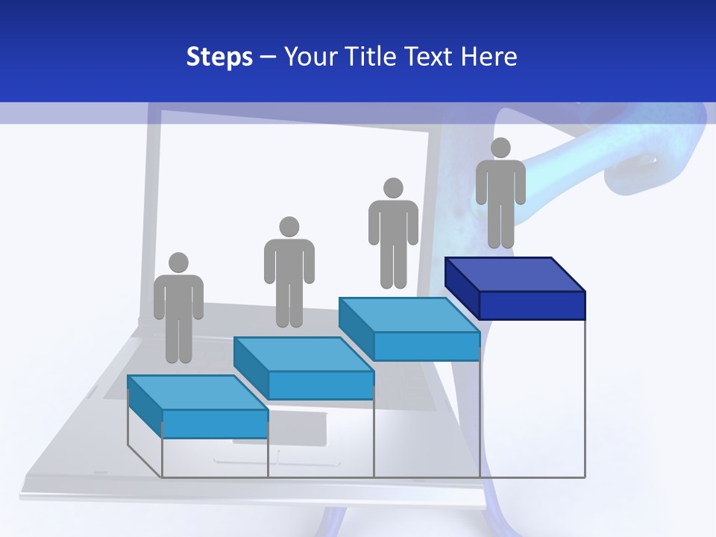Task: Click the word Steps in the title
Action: coord(219,57)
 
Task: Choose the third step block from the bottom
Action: coord(409,328)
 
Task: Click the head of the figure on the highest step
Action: coord(500,148)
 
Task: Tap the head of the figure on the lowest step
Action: coord(178,263)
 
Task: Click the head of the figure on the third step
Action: coord(393,187)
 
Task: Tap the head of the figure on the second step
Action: coord(289,227)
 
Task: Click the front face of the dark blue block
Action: coord(532,304)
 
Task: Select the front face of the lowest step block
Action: coord(215,424)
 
